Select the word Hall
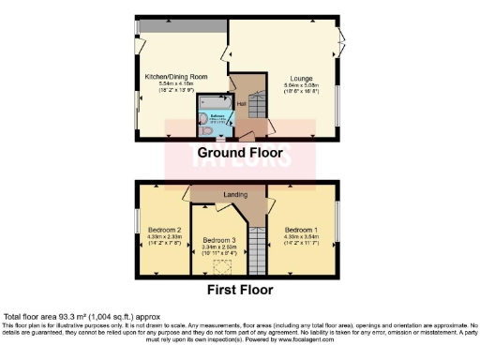(241, 103)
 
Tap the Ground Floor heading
(240, 152)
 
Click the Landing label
(234, 195)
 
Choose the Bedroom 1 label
(302, 230)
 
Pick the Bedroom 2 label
(165, 230)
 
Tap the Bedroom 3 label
(220, 240)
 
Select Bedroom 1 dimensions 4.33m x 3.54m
(302, 238)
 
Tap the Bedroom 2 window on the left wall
(138, 217)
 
